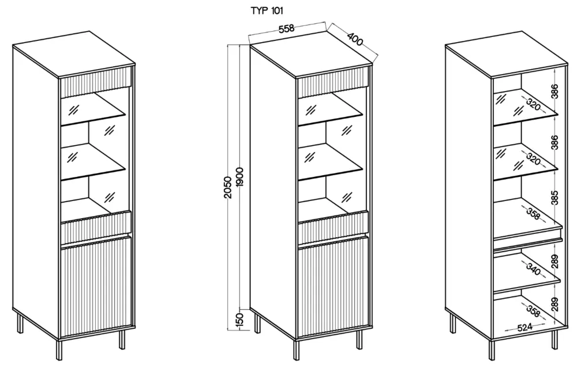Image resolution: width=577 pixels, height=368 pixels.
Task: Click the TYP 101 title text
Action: pyautogui.click(x=267, y=10)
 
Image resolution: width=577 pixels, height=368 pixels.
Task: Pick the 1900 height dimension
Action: pyautogui.click(x=240, y=176)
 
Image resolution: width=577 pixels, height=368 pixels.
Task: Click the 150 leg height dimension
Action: pyautogui.click(x=241, y=318)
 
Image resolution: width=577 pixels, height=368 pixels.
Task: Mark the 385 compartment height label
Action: pyautogui.click(x=554, y=198)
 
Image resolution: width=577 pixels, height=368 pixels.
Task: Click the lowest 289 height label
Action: pyautogui.click(x=554, y=303)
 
